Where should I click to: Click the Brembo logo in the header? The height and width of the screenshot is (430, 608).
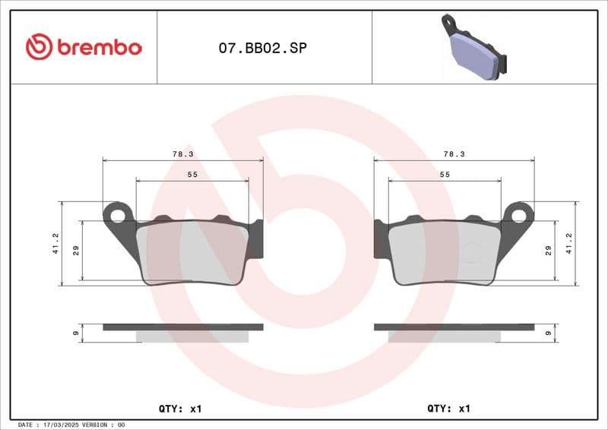(84, 47)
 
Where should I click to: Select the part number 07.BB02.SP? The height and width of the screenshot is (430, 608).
(263, 48)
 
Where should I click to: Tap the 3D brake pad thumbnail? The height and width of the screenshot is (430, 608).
(474, 48)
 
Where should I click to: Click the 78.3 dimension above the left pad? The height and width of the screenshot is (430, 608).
(182, 153)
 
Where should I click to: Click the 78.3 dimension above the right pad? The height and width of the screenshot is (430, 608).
(454, 153)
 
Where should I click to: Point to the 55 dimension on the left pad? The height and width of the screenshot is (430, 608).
(192, 175)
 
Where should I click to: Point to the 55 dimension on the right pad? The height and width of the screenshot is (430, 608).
(445, 175)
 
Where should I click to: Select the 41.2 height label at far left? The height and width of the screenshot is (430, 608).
(55, 244)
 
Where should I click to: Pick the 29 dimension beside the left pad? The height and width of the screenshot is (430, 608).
(76, 251)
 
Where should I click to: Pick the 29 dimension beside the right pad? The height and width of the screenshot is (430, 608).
(548, 251)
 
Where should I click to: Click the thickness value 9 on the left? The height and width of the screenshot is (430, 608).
(76, 333)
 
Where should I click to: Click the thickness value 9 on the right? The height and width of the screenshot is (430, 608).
(548, 333)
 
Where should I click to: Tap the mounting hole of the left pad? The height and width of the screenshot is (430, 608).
(117, 215)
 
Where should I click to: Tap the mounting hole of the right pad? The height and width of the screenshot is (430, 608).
(520, 215)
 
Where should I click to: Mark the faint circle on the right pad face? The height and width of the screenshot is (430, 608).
(472, 252)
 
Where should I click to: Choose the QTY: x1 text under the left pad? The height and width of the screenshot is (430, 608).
(180, 409)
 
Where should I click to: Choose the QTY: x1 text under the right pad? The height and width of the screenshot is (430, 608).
(449, 409)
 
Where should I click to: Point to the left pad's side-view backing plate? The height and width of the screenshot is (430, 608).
(182, 327)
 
